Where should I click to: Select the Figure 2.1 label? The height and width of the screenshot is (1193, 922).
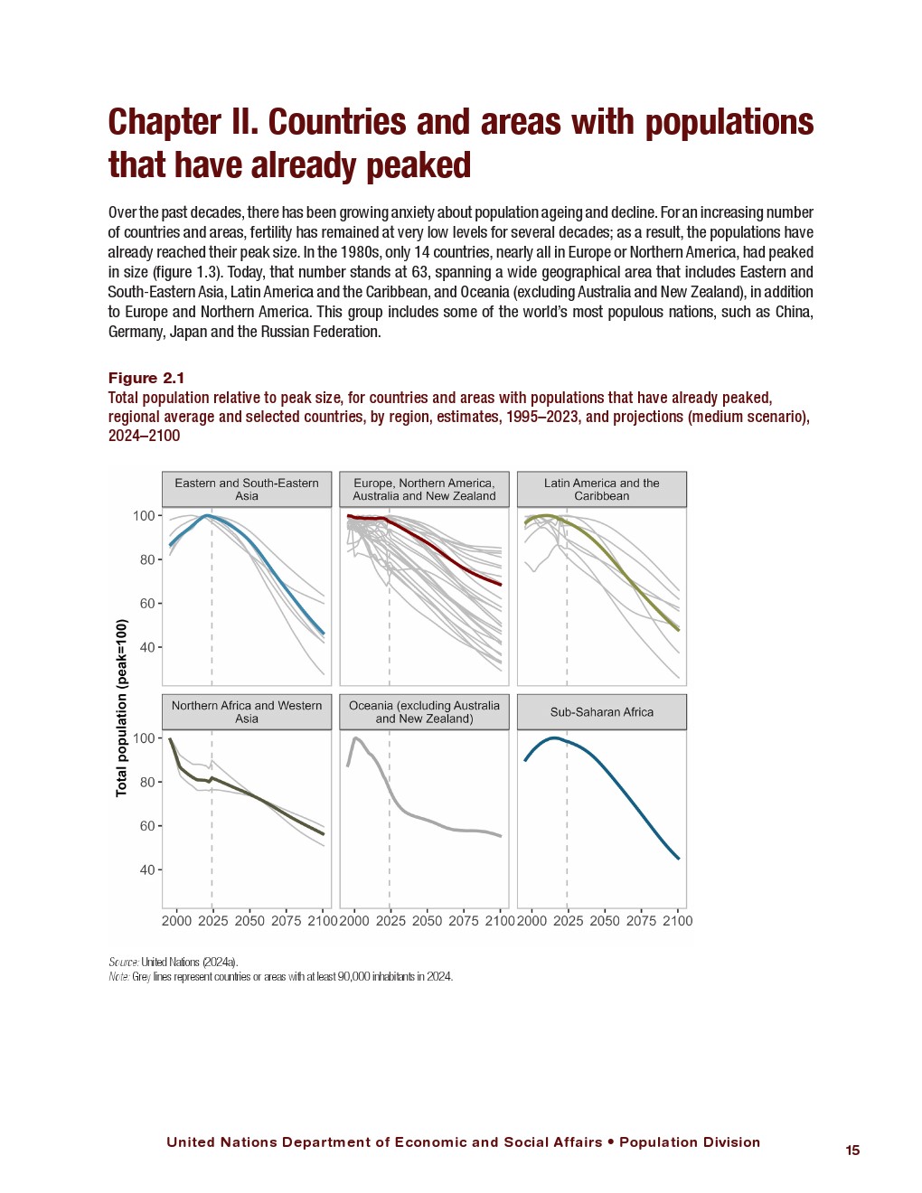point(146,378)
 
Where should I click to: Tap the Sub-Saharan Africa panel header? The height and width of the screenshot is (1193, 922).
point(601,712)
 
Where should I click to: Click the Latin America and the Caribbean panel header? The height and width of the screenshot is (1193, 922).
point(601,489)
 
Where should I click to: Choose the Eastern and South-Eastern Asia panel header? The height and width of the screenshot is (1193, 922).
point(246,489)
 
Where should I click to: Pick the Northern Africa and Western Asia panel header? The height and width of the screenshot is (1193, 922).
point(246,712)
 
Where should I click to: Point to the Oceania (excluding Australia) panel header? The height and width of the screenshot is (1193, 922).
point(424,712)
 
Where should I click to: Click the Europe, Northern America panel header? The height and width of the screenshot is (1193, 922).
point(424,489)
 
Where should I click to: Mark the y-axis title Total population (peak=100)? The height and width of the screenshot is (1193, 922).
point(122,708)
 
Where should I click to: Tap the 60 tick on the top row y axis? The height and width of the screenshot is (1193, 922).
point(146,604)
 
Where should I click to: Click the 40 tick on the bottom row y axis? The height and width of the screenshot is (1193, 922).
point(146,870)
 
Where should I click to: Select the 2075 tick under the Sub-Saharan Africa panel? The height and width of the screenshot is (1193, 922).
point(641,921)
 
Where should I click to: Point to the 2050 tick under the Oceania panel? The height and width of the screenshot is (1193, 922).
point(427,921)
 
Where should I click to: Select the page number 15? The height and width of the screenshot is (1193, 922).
point(852,1151)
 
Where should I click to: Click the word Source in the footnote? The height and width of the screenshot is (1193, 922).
point(123,962)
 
